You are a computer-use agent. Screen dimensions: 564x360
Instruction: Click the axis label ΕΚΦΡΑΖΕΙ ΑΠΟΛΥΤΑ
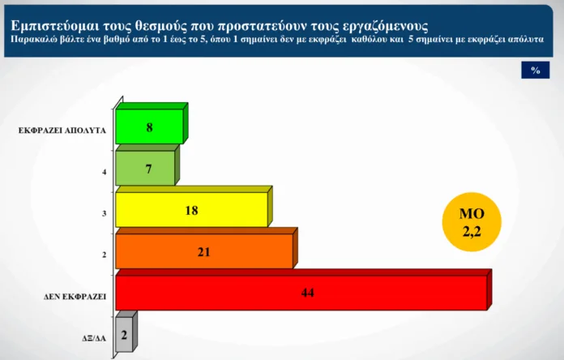click(x=62, y=131)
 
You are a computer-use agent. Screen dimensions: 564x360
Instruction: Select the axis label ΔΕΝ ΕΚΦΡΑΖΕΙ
click(x=75, y=297)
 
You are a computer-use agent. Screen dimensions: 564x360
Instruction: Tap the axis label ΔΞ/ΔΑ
click(x=94, y=338)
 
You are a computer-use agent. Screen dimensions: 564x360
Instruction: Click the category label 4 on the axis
click(x=105, y=172)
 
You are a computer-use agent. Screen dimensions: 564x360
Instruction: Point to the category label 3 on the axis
click(x=105, y=213)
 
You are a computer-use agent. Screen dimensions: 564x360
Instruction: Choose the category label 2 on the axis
click(x=105, y=255)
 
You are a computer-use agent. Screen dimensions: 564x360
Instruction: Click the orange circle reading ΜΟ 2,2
click(x=472, y=222)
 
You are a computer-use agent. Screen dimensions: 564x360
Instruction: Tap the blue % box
click(x=536, y=70)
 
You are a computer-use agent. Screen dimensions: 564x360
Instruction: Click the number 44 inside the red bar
click(x=308, y=293)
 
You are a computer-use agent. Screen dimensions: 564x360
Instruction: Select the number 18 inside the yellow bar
click(x=191, y=210)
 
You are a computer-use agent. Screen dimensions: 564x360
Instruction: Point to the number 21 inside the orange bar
click(x=203, y=252)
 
